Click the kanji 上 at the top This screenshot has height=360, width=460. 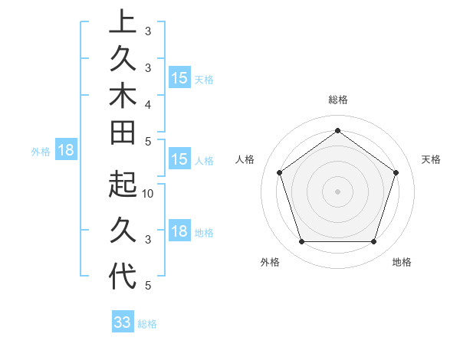tap(123, 21)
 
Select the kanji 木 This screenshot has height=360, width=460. tap(123, 95)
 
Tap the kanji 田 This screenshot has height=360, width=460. tap(123, 132)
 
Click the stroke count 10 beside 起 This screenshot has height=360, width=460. tap(149, 194)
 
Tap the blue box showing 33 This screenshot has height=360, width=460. tap(123, 322)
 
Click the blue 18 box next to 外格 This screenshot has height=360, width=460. tap(66, 150)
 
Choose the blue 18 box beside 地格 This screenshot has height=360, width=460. tap(179, 231)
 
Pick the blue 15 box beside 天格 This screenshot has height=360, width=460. tap(179, 77)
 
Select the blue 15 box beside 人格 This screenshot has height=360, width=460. tap(179, 159)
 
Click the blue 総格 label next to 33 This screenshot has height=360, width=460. tap(147, 324)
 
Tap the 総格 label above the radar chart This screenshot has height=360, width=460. tap(338, 100)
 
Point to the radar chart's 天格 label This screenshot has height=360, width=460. tap(431, 159)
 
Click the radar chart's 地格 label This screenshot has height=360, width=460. tap(402, 262)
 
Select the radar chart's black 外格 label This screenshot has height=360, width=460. tap(270, 262)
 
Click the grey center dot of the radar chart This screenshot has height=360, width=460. tap(338, 191)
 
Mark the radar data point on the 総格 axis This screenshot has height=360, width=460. tap(338, 130)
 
